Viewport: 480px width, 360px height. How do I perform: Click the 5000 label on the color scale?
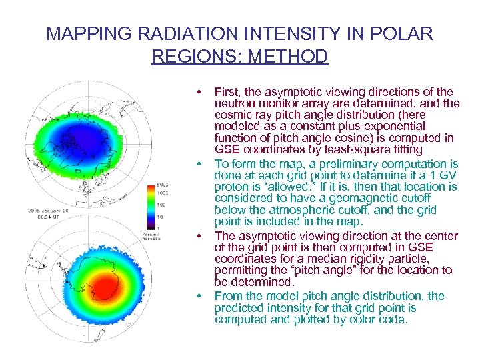161,184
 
